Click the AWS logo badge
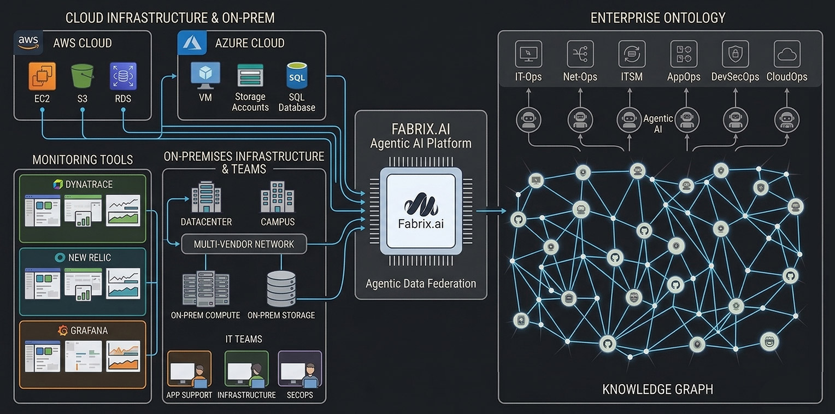click(28, 43)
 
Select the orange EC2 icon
click(42, 76)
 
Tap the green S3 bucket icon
click(82, 76)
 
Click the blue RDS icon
click(123, 76)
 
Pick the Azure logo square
click(192, 43)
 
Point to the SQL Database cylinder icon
click(297, 76)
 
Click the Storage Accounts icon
click(250, 75)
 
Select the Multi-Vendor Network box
click(244, 244)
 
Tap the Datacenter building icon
click(206, 197)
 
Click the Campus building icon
click(277, 197)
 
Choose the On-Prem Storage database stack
click(281, 288)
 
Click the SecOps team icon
click(299, 369)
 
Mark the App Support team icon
click(189, 369)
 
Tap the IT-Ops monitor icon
click(528, 54)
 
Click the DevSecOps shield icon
click(735, 54)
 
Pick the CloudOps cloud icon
click(787, 54)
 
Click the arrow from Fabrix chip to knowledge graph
click(491, 211)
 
